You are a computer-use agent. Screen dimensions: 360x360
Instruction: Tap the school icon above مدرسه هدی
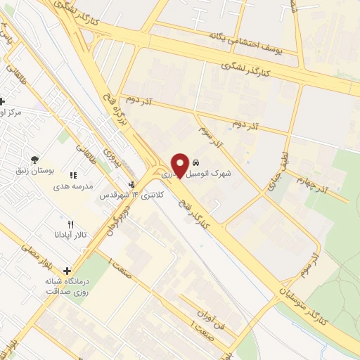pos(72,175)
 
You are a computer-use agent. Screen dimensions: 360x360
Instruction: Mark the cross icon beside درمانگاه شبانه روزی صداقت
pos(67,271)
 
